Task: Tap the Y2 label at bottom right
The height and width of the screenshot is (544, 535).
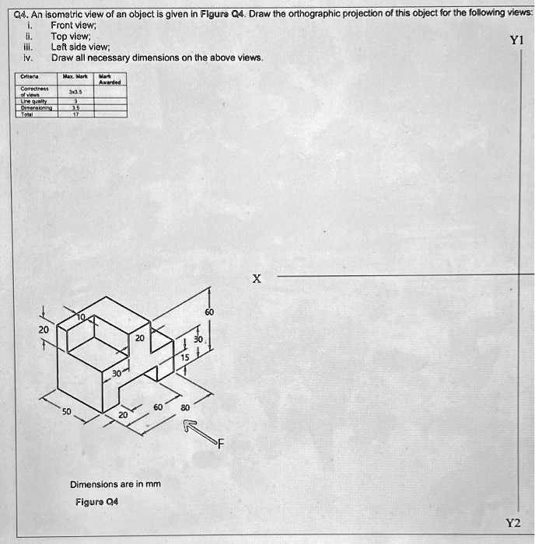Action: click(514, 523)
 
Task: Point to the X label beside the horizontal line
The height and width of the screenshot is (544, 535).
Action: click(257, 278)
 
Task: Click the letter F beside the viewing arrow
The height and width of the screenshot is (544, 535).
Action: click(220, 445)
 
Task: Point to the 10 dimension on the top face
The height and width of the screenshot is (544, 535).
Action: click(81, 319)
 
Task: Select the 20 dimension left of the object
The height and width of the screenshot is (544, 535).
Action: click(44, 330)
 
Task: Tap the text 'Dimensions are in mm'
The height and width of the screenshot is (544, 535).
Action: click(115, 484)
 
